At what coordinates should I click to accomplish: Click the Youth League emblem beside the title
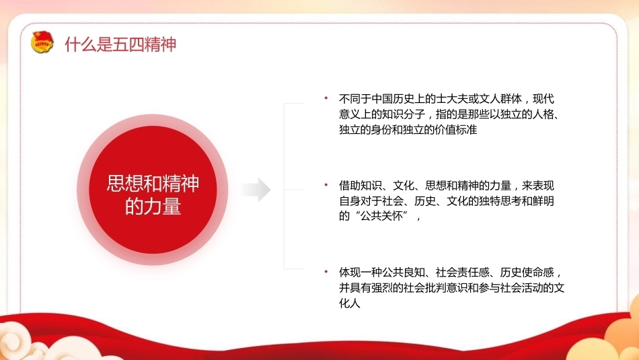pos(42,42)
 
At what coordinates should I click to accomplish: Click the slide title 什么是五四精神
pos(120,44)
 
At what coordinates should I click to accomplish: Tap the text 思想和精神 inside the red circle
pos(153,184)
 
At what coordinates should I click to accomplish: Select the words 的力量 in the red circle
pos(153,207)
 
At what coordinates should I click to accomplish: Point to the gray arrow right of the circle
pos(256,190)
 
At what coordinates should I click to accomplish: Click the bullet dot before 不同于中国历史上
pos(326,98)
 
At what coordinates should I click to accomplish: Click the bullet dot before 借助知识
pos(326,185)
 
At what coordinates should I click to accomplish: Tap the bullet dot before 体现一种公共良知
pos(326,272)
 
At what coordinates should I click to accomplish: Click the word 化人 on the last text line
pos(350,303)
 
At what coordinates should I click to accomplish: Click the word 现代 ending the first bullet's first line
pos(543,99)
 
